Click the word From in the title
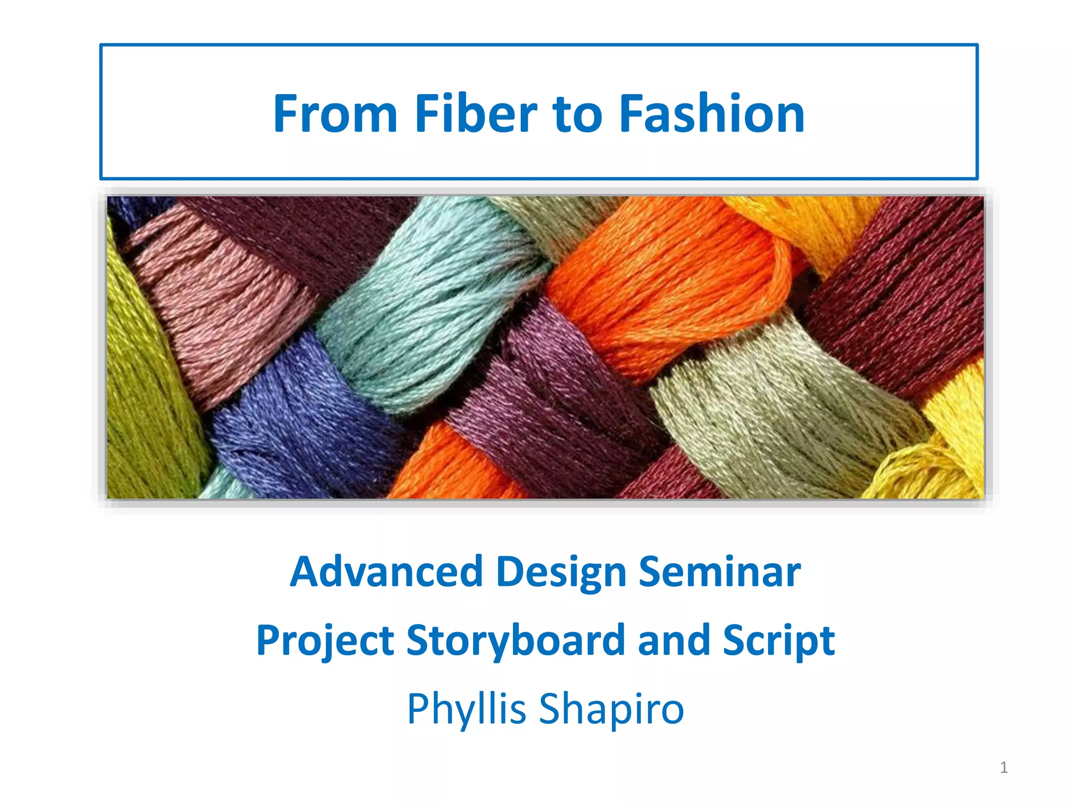[x=335, y=114]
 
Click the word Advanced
[x=386, y=572]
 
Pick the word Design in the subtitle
[x=561, y=573]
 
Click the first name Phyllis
[x=466, y=709]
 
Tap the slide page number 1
[x=1004, y=767]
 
